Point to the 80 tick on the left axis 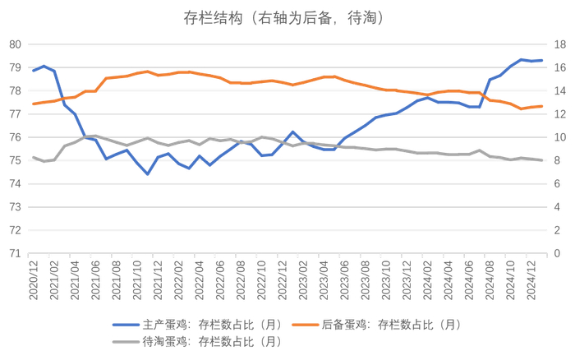coord(15,44)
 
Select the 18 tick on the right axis coord(559,44)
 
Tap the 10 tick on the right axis coord(559,137)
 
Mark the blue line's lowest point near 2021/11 coord(148,174)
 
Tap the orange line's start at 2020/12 coord(34,104)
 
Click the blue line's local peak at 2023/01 coord(293,132)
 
